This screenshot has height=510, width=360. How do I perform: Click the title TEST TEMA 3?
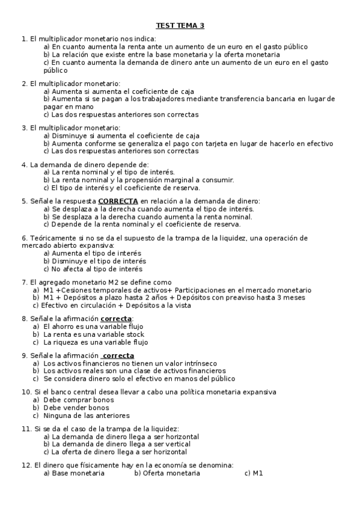(180, 25)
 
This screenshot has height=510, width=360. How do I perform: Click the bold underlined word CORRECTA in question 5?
(118, 201)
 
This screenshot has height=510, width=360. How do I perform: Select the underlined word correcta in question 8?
(116, 318)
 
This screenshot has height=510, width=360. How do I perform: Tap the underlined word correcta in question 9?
(118, 355)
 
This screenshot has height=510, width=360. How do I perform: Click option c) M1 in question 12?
(254, 473)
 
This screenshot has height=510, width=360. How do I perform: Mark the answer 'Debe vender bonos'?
(76, 408)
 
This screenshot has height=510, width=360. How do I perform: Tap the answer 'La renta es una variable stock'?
(93, 334)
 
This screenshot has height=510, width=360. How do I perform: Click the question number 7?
(23, 282)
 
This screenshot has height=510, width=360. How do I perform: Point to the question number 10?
(26, 392)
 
